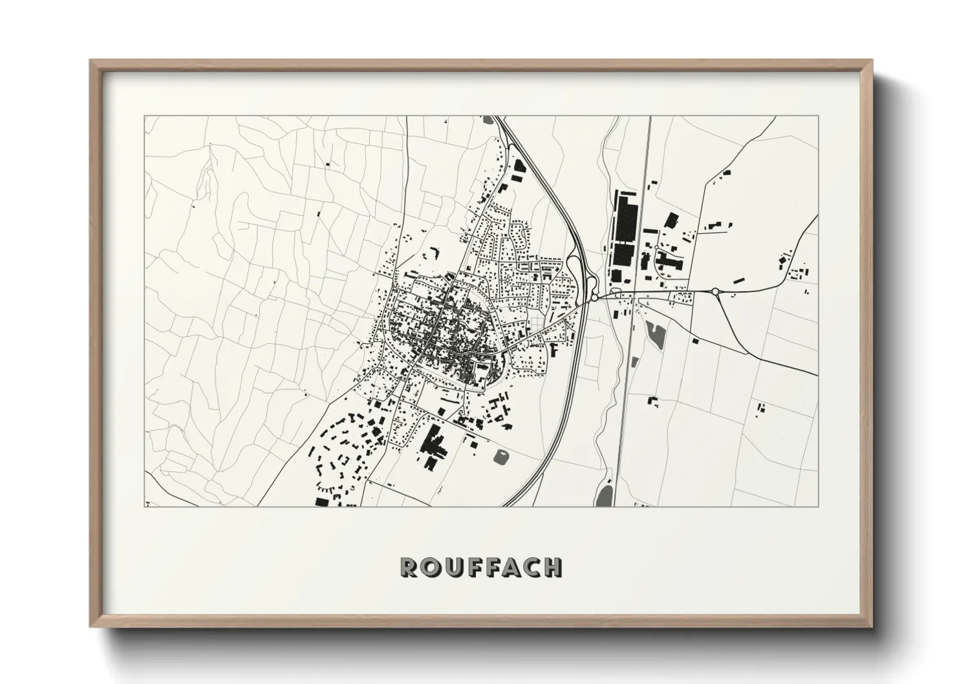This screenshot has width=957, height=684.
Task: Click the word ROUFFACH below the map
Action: coord(481,566)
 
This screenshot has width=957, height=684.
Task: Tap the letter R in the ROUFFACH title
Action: coord(409,567)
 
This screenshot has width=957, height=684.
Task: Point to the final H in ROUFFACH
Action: coord(553,567)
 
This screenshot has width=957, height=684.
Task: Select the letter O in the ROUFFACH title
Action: coord(429,567)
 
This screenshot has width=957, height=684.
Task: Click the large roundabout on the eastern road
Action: coord(716,292)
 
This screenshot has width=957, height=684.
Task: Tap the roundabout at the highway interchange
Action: coord(594,298)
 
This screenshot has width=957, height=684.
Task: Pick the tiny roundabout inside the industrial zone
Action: coord(657,248)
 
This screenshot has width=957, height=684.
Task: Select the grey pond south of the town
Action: coord(501,456)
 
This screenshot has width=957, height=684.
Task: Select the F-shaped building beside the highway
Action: coord(554,350)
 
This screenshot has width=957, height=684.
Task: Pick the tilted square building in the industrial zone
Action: coord(671,220)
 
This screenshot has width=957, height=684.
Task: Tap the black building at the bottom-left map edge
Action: coord(321,501)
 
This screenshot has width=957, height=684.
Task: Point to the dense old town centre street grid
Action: coord(440,323)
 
